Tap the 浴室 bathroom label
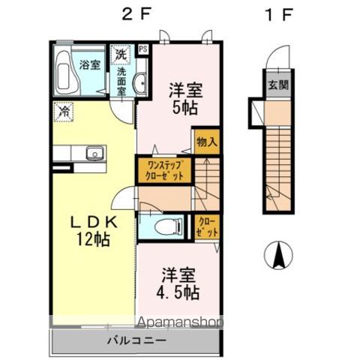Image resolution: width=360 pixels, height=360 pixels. tap(91, 65)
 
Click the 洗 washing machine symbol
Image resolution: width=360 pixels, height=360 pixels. tap(120, 54)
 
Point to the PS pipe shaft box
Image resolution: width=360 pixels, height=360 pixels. tap(142, 50)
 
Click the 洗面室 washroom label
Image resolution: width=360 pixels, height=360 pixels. tap(121, 79)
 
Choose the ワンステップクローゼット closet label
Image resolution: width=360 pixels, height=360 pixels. tap(164, 169)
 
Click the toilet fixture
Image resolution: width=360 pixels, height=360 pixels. tap(166, 224)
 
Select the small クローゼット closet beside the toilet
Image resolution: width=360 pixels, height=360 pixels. tap(207, 226)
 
